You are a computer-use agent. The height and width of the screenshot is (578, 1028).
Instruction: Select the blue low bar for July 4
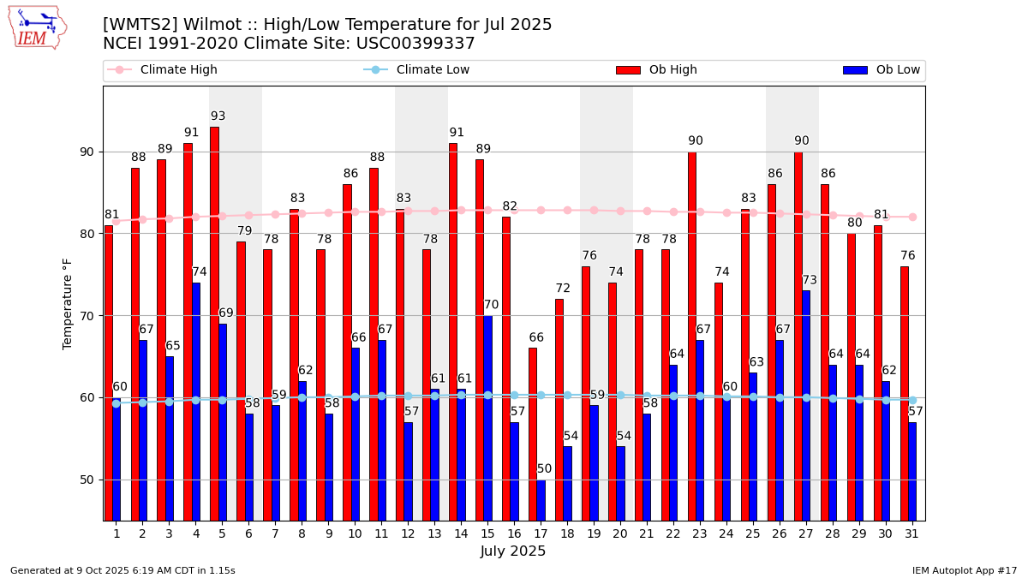pyautogui.click(x=196, y=402)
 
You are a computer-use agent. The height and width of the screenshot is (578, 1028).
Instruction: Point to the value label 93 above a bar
pyautogui.click(x=218, y=116)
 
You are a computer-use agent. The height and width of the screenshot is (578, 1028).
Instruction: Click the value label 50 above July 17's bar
pyautogui.click(x=545, y=469)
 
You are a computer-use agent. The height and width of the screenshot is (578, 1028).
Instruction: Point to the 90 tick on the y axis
pyautogui.click(x=87, y=152)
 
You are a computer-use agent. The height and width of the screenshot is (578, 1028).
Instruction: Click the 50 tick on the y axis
pyautogui.click(x=87, y=480)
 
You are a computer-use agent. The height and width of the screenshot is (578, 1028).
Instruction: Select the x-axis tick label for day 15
pyautogui.click(x=487, y=533)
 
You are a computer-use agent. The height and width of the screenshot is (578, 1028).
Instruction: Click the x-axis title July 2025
pyautogui.click(x=513, y=551)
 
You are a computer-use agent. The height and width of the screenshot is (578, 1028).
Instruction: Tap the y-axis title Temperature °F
pyautogui.click(x=69, y=303)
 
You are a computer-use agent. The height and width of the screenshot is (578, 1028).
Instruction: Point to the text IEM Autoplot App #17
pyautogui.click(x=964, y=570)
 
